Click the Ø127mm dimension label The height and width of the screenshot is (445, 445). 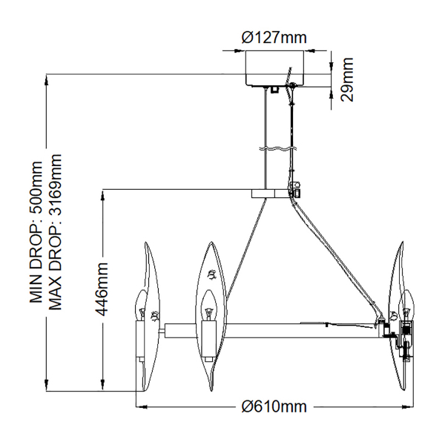coord(275,38)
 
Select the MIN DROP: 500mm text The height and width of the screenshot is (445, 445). coord(36,230)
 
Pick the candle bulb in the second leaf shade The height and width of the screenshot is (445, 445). coord(207,300)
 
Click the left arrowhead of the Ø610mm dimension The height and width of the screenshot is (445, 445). coord(139,406)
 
